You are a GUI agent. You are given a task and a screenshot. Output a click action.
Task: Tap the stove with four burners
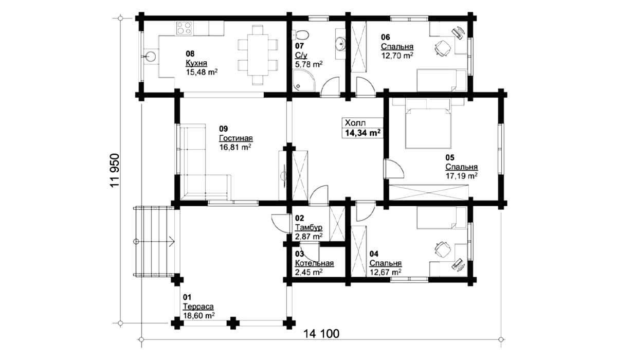point(184,28)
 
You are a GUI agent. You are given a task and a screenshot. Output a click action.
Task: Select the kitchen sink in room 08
point(151,57)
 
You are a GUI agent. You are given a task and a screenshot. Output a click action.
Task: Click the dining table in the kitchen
point(258,55)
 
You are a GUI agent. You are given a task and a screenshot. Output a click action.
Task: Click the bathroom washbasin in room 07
point(340,44)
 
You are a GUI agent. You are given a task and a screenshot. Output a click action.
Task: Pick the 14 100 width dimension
point(321,334)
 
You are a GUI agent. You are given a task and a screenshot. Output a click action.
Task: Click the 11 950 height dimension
point(115,170)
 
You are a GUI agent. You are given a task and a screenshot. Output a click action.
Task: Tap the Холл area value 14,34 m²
point(363,133)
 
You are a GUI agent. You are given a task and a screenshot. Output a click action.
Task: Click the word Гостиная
point(236,138)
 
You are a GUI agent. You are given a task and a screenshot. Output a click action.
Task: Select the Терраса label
point(198,307)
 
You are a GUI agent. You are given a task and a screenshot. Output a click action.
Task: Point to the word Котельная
point(314,263)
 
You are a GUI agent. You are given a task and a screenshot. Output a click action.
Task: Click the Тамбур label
point(309,227)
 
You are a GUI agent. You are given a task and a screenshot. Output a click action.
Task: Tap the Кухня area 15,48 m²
point(202,73)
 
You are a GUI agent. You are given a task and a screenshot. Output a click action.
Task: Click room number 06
point(385,37)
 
